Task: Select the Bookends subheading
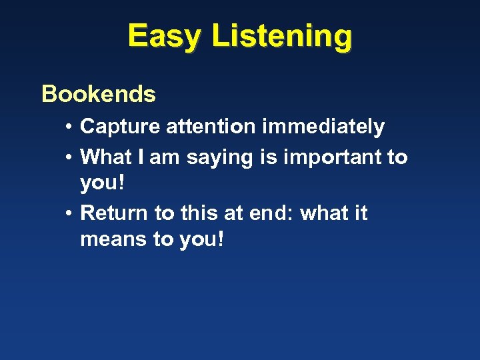click(99, 95)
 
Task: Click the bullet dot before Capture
click(69, 127)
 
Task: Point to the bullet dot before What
click(69, 158)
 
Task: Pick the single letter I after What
click(142, 157)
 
